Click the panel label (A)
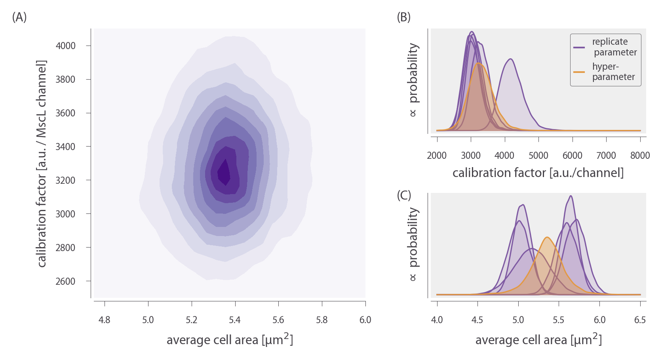(x=19, y=17)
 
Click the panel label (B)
(x=404, y=17)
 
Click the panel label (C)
(x=404, y=196)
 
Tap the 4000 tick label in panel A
(x=65, y=46)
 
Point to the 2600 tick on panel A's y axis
(x=65, y=282)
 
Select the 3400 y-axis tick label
(x=65, y=147)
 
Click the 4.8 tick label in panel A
(x=105, y=320)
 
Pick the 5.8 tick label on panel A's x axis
(x=322, y=320)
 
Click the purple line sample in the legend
(x=579, y=48)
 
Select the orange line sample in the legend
(x=579, y=72)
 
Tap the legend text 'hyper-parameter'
(x=613, y=72)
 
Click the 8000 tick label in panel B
(x=640, y=156)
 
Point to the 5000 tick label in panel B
(x=538, y=156)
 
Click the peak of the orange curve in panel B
(x=479, y=63)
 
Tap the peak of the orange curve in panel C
(x=547, y=237)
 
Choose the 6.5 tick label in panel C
(x=640, y=320)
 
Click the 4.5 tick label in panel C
(x=477, y=320)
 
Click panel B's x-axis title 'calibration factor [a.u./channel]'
(x=538, y=173)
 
